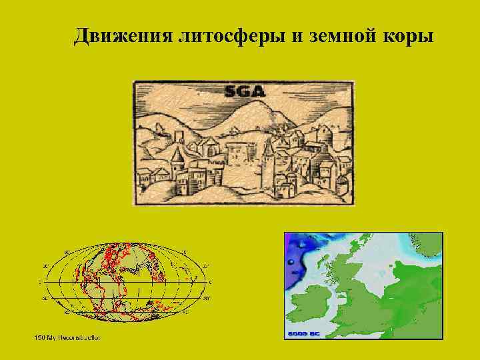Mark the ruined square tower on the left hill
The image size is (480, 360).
(x=179, y=137)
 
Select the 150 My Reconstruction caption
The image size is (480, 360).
(x=67, y=338)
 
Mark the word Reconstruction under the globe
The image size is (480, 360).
(x=78, y=338)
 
